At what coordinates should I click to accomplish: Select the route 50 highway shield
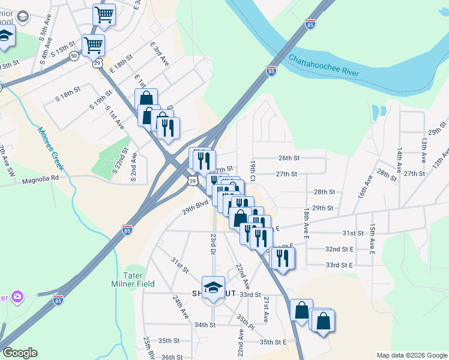click(73, 56)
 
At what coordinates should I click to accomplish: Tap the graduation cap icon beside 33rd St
click(213, 288)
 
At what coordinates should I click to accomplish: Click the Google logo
click(20, 353)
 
